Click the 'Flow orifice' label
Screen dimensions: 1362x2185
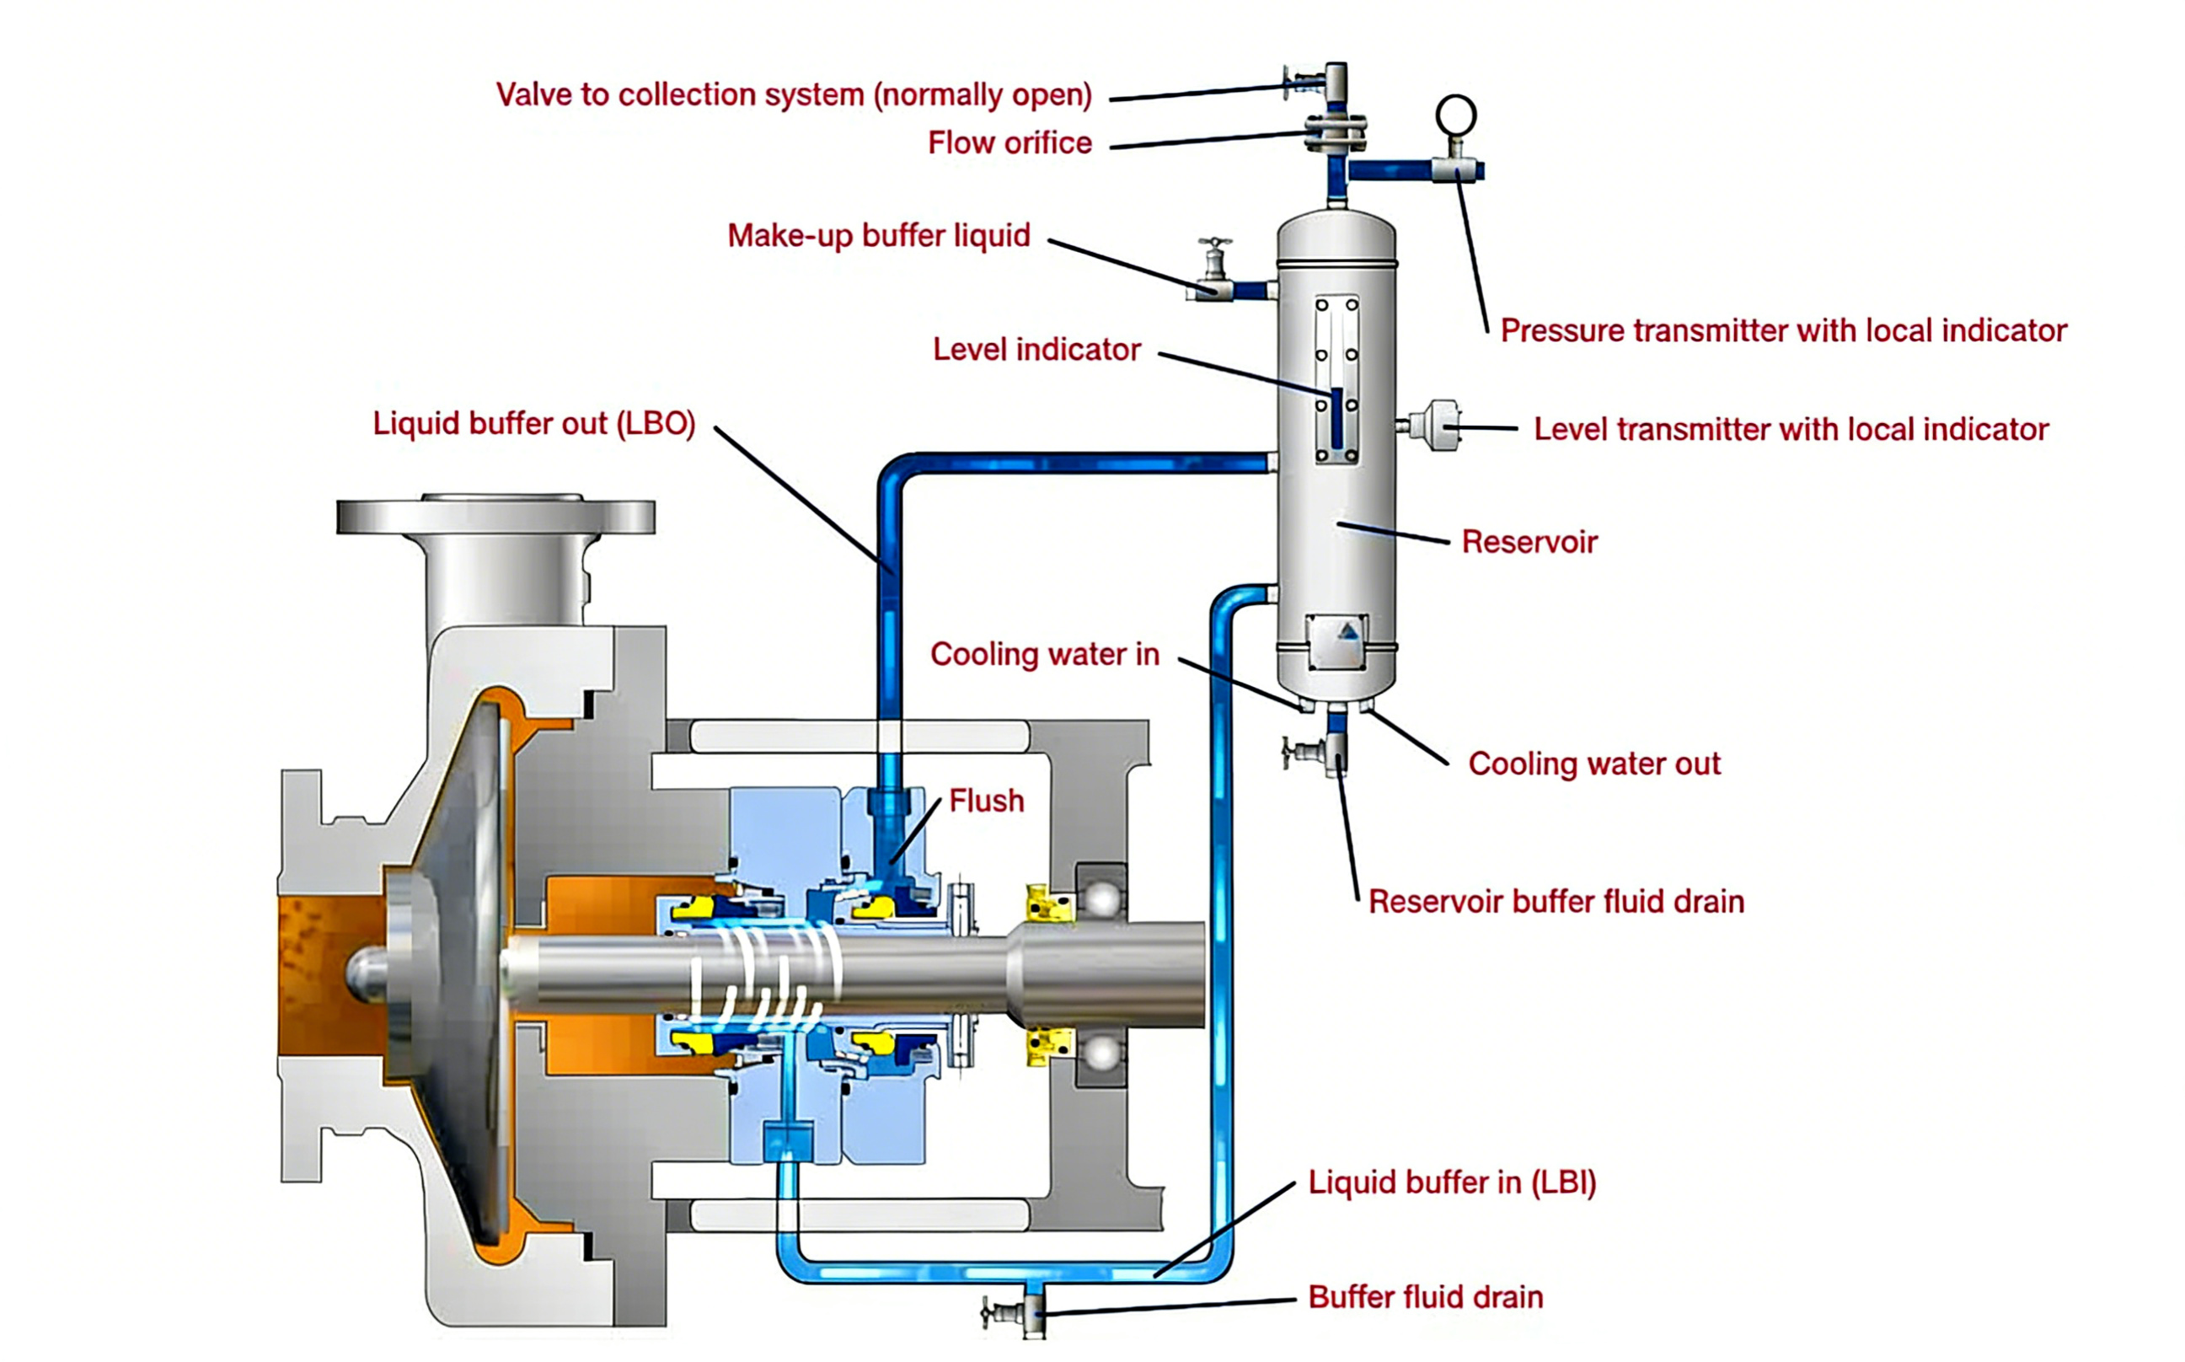1009,143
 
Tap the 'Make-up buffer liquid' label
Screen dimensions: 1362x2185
878,236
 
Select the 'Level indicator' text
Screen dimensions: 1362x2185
1036,350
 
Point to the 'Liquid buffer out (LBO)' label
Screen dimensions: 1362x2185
534,423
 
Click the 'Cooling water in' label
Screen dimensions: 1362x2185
1044,654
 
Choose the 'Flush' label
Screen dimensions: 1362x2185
986,801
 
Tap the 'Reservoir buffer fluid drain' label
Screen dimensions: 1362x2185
1556,902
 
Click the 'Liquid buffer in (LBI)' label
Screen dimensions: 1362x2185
1452,1182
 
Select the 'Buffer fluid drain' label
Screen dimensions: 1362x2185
1425,1297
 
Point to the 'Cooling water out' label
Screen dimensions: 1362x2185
1593,764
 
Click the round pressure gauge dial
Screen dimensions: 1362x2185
1455,115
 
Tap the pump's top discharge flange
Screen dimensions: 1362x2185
495,515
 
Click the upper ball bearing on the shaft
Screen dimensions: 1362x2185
1101,898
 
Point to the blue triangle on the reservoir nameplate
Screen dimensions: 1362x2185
1347,632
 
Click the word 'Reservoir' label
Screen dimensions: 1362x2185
1529,542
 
